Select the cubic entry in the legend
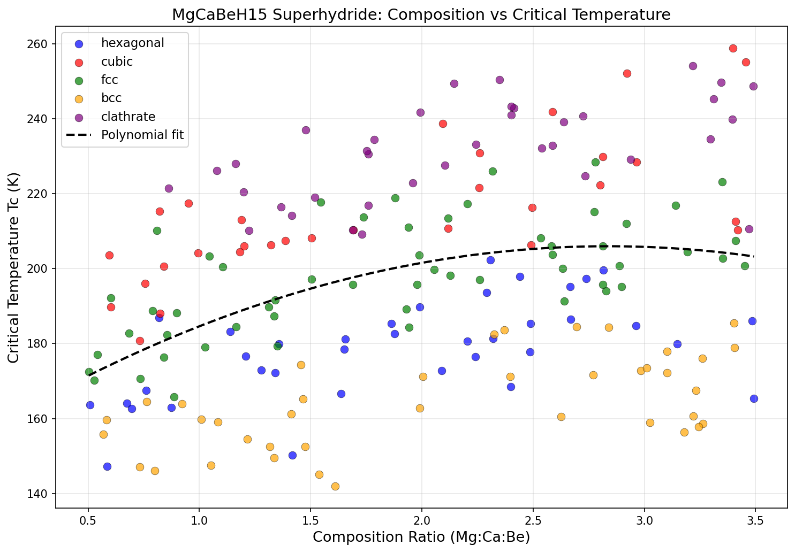pos(117,62)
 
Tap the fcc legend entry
pos(109,80)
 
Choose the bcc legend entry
pos(111,98)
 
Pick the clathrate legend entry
pos(128,117)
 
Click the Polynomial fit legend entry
pos(142,135)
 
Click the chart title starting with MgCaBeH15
pos(421,15)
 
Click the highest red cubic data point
pos(733,48)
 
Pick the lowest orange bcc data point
pos(335,486)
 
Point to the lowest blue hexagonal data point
pos(107,466)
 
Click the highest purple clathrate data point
pos(693,66)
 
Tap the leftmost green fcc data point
pos(89,372)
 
